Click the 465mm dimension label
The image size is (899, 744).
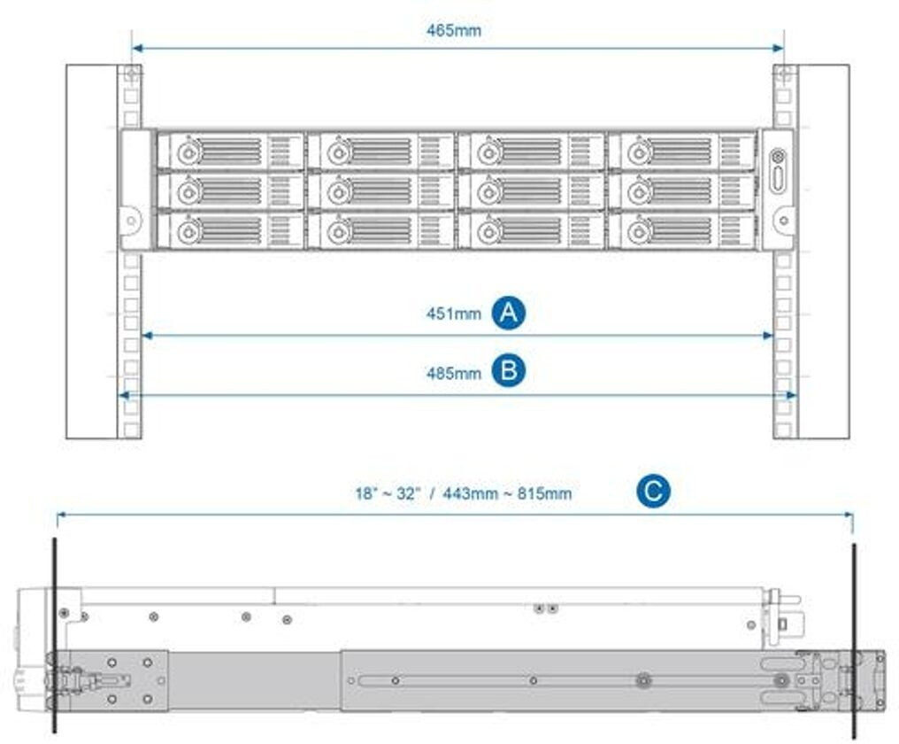coord(453,30)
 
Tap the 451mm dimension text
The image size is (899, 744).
coord(454,314)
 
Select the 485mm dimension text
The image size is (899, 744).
coord(454,373)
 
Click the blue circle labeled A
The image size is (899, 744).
coord(509,313)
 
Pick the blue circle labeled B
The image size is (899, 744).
coord(509,371)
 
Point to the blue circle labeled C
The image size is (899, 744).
coord(653,492)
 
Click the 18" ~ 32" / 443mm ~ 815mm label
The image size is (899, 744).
coord(463,493)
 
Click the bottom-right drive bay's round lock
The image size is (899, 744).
coord(637,232)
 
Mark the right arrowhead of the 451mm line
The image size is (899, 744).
coord(769,336)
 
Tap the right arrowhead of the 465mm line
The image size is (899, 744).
coord(780,49)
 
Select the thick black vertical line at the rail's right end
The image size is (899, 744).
coord(854,638)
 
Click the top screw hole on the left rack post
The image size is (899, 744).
coord(131,74)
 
